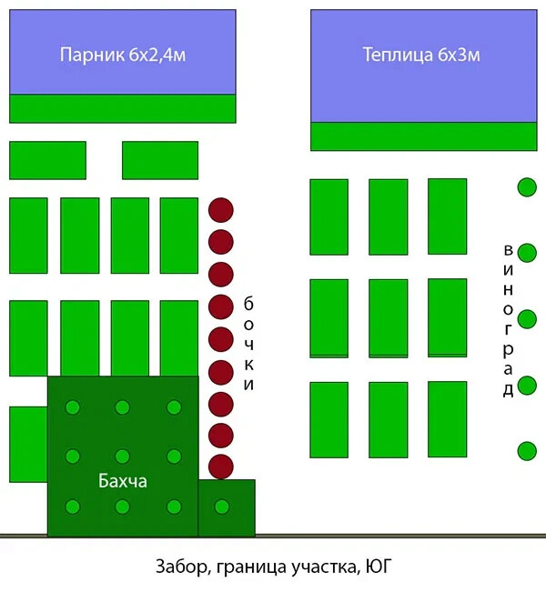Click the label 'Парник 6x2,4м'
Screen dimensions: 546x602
(123, 55)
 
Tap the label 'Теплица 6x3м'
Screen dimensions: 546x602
(421, 55)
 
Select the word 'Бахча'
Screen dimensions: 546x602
(123, 480)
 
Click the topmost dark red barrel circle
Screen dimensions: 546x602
(221, 210)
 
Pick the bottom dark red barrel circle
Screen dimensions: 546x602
(221, 467)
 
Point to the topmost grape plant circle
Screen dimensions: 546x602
(527, 187)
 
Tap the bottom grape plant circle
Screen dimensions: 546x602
(527, 450)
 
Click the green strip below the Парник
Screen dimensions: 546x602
(123, 108)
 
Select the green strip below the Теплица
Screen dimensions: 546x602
(423, 136)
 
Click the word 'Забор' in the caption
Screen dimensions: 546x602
(179, 570)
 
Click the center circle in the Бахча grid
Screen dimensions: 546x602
(123, 456)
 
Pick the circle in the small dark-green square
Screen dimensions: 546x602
(221, 506)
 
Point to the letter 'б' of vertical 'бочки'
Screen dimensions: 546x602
(248, 303)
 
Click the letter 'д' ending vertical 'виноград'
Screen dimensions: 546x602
(508, 390)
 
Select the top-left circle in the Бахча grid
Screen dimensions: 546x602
(73, 406)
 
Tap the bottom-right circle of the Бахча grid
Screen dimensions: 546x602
(173, 506)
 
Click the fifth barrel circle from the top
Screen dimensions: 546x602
(221, 339)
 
